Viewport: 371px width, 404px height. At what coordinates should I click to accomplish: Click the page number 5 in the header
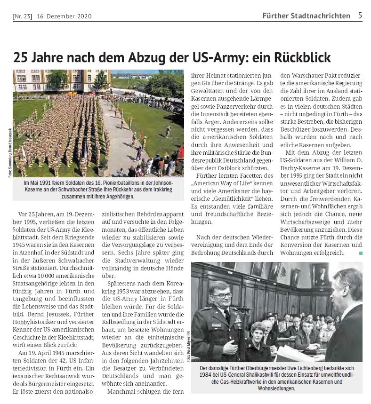pos(360,16)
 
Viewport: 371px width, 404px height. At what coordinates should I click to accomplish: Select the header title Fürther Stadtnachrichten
pos(306,16)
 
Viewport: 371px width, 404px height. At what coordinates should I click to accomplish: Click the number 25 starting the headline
pos(21,57)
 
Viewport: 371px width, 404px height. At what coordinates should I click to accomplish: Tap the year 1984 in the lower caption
pos(206,375)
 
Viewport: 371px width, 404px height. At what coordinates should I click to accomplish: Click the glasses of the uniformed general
pos(221,295)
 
